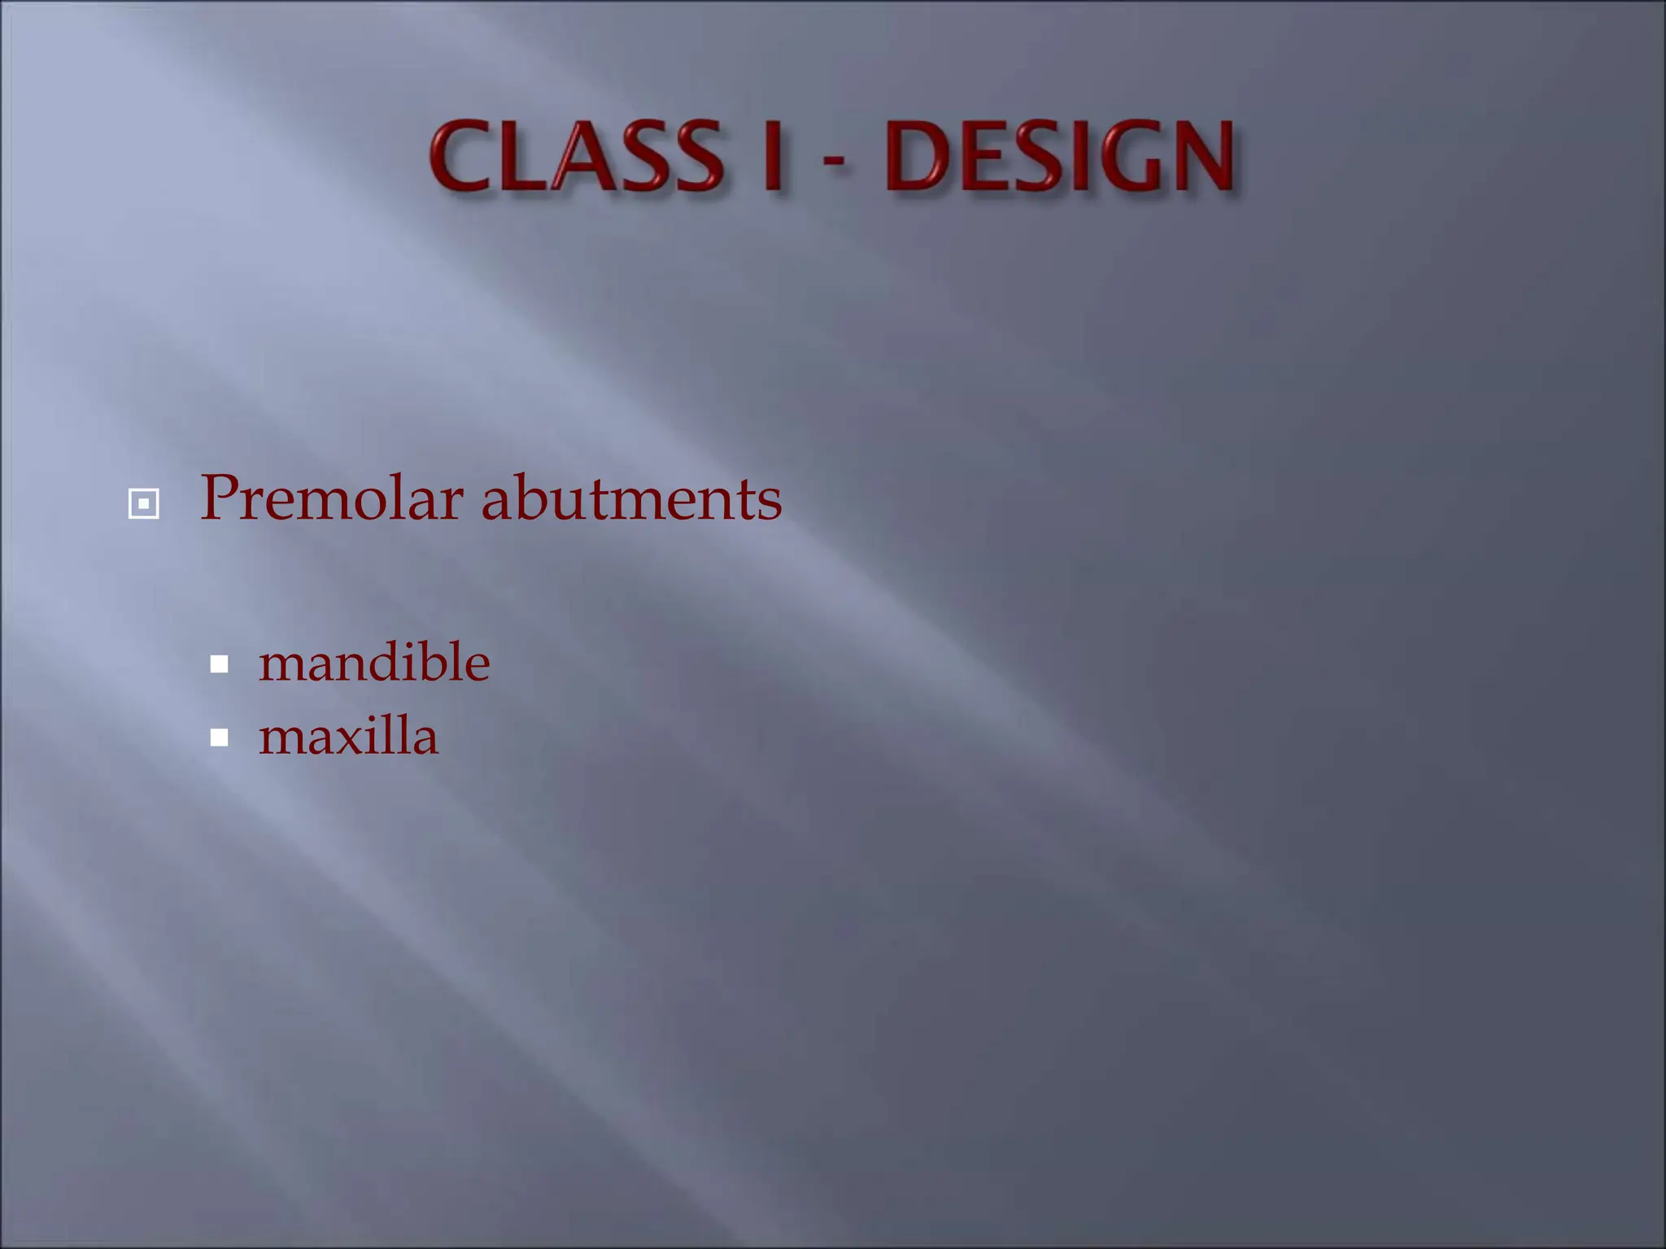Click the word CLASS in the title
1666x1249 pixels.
click(x=576, y=156)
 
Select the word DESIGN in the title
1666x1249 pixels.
click(x=1060, y=156)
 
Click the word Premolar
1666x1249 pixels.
click(x=332, y=498)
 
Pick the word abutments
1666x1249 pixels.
click(x=631, y=498)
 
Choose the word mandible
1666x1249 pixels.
click(x=374, y=662)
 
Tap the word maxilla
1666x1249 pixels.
click(x=348, y=736)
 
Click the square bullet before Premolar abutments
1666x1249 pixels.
click(x=144, y=504)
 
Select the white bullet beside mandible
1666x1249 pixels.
click(x=219, y=665)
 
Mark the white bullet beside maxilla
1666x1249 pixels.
click(x=219, y=738)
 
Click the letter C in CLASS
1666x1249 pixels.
click(x=462, y=156)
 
